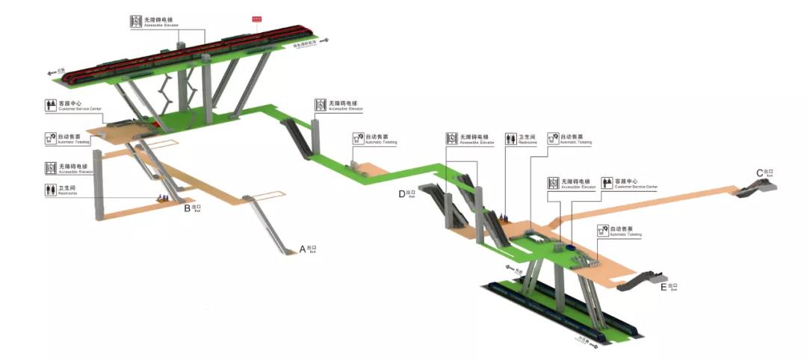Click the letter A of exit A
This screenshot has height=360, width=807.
click(303, 248)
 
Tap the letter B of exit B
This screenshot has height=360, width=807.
click(188, 208)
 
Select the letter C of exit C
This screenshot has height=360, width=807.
click(759, 173)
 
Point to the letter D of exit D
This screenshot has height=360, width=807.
click(401, 194)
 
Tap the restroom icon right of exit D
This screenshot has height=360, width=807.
click(510, 138)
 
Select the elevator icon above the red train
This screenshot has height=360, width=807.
click(136, 22)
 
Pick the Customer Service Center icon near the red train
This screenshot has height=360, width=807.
click(51, 105)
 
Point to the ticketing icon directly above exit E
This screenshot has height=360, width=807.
click(603, 232)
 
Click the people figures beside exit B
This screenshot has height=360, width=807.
click(160, 198)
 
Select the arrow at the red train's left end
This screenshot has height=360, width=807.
click(53, 74)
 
